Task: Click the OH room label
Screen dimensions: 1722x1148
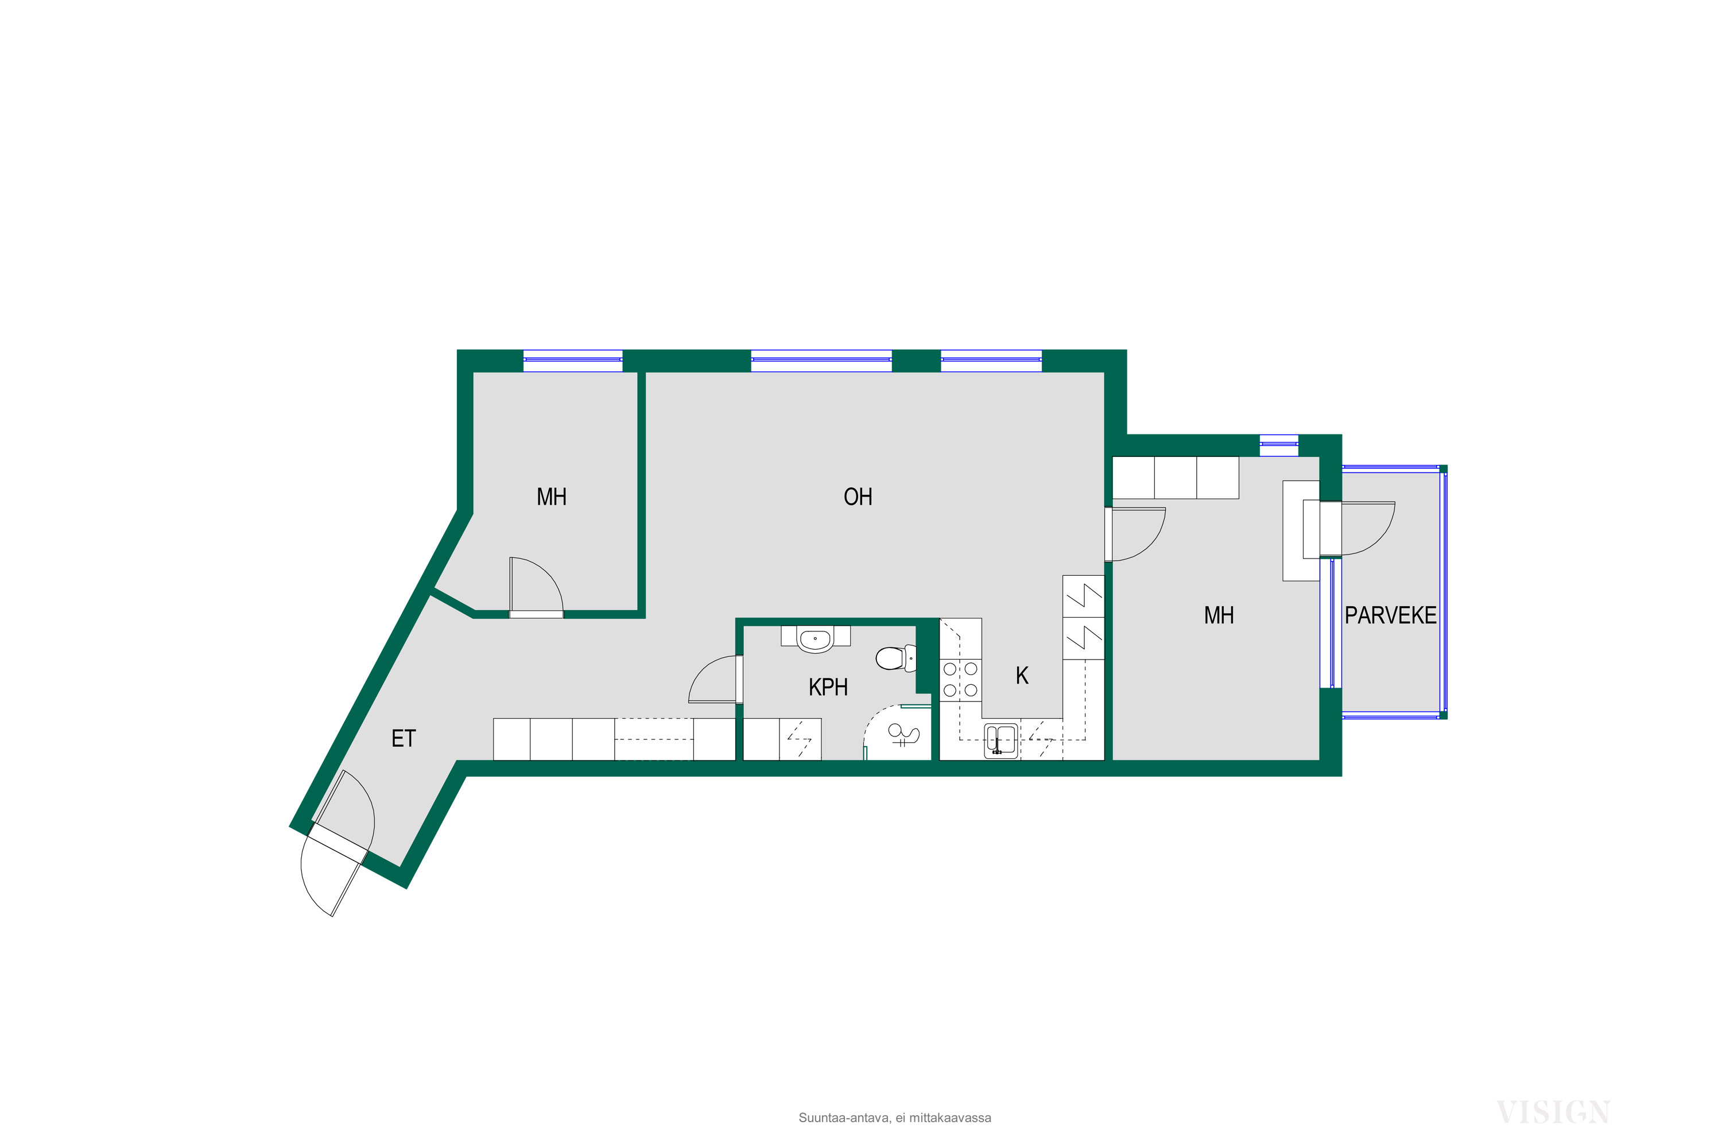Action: point(858,497)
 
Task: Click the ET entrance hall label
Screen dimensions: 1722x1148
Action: point(404,739)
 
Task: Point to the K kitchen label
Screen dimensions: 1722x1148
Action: point(1022,675)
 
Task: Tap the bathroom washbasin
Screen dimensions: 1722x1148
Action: point(815,640)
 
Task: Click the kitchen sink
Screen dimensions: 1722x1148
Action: point(1001,740)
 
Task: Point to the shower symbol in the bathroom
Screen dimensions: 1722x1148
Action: point(903,734)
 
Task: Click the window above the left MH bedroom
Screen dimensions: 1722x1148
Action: point(572,360)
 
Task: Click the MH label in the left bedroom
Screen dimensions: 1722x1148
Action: point(551,497)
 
